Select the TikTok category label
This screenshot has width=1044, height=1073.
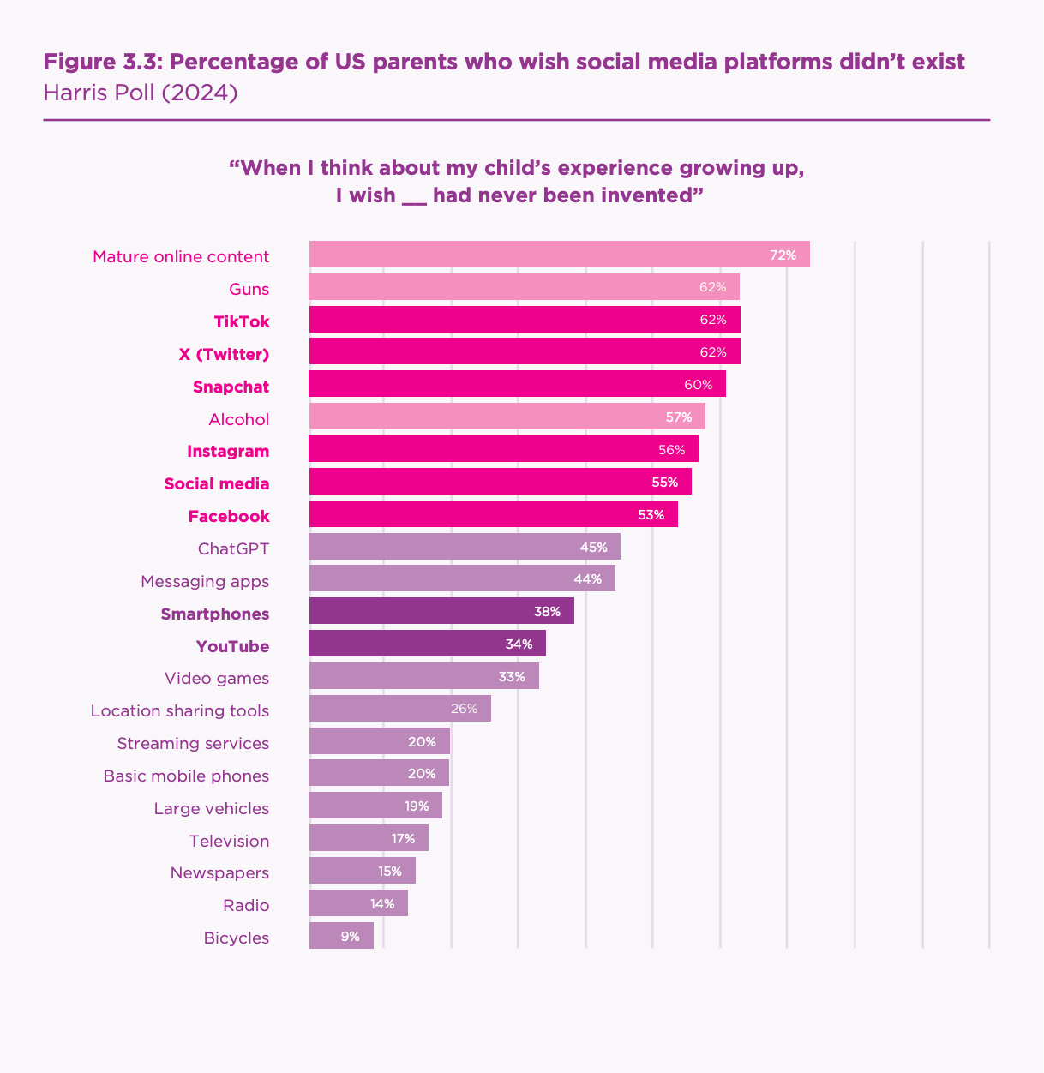[x=242, y=321]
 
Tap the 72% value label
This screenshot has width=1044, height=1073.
[x=783, y=255]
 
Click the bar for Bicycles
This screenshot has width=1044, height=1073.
[x=341, y=936]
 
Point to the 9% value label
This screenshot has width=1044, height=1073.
[x=350, y=936]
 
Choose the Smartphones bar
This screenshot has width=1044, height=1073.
[x=441, y=612]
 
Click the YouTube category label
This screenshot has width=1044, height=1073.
[x=232, y=646]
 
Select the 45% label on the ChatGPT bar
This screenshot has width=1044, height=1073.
[x=593, y=547]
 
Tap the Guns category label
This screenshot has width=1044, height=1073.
[x=249, y=289]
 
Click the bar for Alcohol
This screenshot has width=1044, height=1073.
[x=506, y=417]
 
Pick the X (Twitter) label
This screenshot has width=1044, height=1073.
[x=224, y=354]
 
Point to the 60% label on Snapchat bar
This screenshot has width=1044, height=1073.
[x=698, y=385]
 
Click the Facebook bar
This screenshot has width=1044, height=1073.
[x=493, y=514]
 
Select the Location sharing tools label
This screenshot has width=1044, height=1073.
[x=180, y=710]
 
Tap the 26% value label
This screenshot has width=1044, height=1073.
[x=464, y=709]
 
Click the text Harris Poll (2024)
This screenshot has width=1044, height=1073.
[x=141, y=92]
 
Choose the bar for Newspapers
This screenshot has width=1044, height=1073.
[x=362, y=871]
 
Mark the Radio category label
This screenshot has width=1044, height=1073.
[x=246, y=905]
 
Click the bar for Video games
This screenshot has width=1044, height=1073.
[x=423, y=676]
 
